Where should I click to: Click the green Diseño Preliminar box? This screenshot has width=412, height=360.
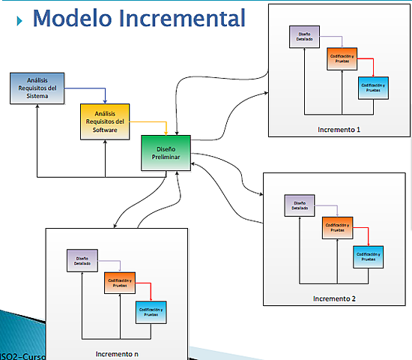click(x=166, y=152)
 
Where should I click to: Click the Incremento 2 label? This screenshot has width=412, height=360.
click(x=334, y=298)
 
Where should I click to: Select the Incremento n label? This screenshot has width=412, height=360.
click(x=117, y=352)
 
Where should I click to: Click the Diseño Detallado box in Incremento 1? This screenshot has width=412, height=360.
click(x=304, y=37)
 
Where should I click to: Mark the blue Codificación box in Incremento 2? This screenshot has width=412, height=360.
click(x=369, y=256)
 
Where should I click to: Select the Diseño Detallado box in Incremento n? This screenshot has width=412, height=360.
click(x=82, y=259)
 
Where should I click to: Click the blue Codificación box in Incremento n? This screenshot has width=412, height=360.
click(x=151, y=310)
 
